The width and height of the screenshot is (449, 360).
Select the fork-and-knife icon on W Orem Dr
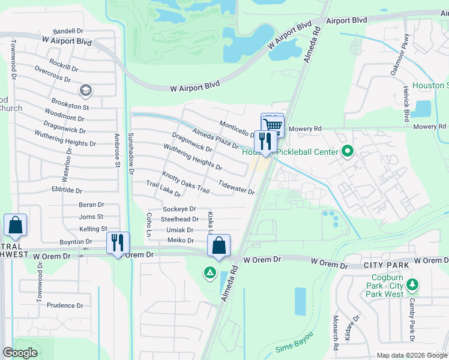click(117, 243)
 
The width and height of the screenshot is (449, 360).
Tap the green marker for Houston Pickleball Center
click(347, 152)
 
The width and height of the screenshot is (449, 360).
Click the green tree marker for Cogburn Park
click(412, 284)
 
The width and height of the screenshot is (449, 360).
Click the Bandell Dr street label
click(68, 31)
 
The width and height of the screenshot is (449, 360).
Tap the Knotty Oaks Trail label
click(185, 182)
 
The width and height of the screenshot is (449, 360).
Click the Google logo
click(20, 353)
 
